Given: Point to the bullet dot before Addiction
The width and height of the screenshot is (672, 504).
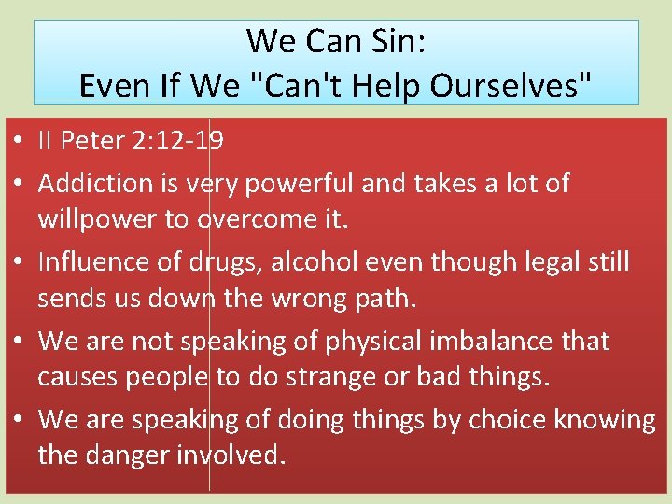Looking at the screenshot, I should point(19,185).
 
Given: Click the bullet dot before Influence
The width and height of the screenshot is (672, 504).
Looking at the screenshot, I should point(19,263).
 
